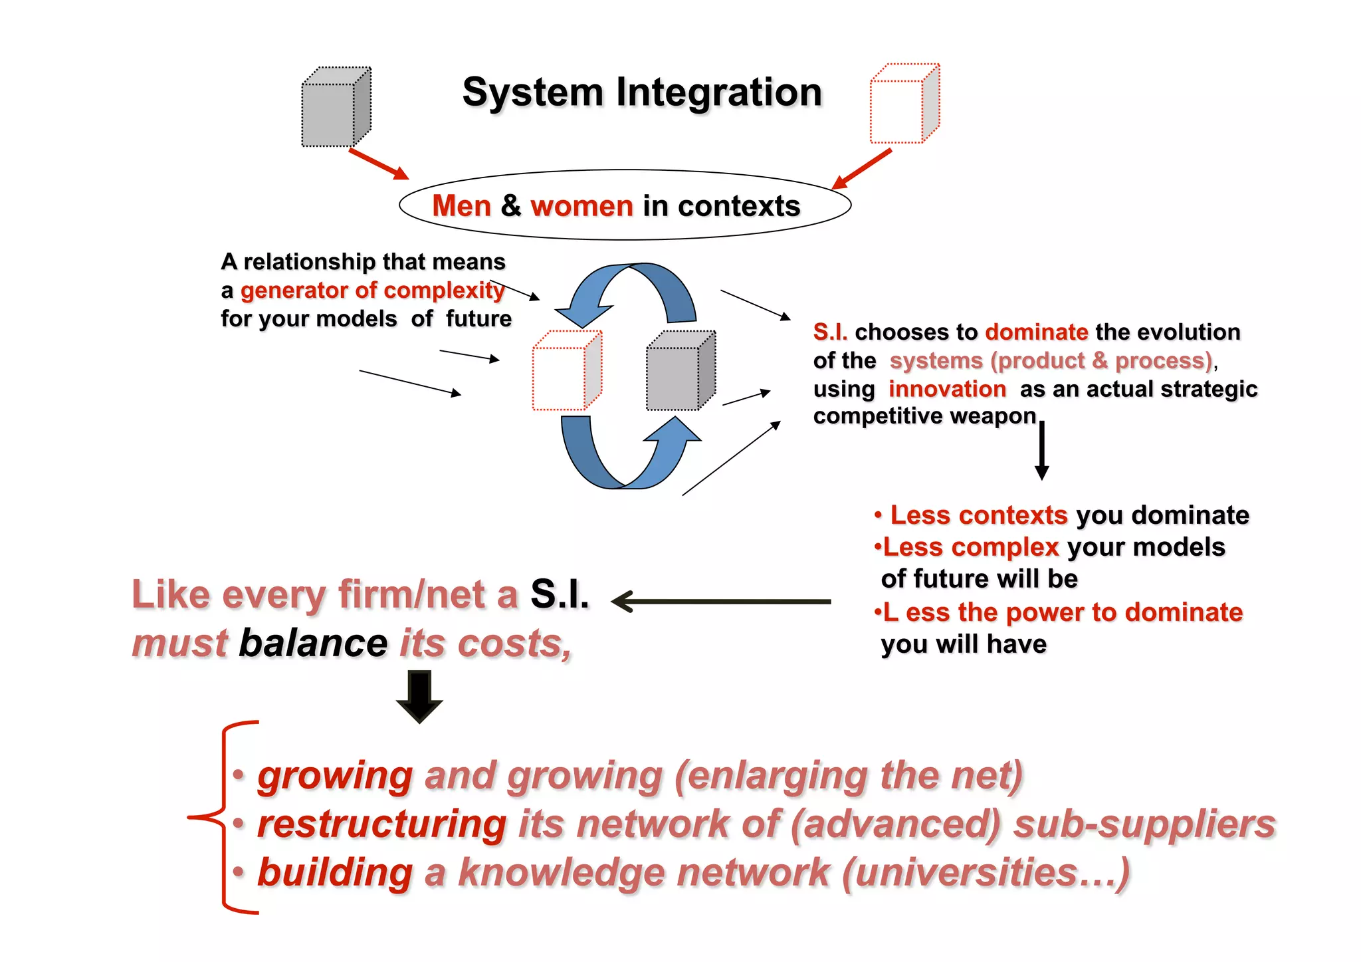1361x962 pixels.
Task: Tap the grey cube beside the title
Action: (x=336, y=108)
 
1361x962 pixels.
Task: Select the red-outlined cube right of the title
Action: (x=904, y=104)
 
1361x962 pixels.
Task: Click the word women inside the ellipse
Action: (x=581, y=206)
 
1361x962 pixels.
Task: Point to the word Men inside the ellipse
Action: (x=461, y=206)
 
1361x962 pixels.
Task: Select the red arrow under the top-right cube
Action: (x=861, y=169)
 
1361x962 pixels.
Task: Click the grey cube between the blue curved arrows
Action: (x=680, y=371)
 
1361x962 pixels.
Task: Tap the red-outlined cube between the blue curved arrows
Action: (x=566, y=371)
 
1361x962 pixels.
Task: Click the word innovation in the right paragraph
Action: (x=947, y=389)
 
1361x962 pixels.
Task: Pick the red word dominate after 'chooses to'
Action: (x=1036, y=332)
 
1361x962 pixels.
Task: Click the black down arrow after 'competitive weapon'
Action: (x=1041, y=450)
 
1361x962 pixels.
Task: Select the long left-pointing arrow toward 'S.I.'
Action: (x=721, y=602)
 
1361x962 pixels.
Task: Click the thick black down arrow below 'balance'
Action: (x=419, y=696)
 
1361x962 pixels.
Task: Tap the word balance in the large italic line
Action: (x=313, y=644)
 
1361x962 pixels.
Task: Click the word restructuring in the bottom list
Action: (x=382, y=824)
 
